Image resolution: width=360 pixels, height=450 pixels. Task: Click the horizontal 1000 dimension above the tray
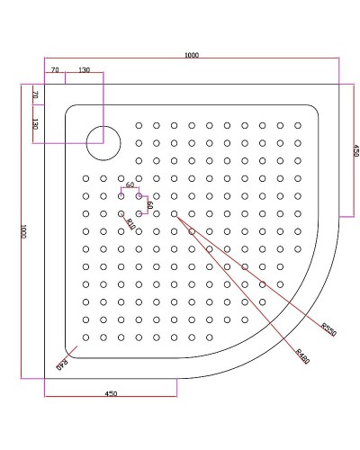191,55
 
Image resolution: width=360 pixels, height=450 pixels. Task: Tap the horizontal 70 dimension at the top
55,70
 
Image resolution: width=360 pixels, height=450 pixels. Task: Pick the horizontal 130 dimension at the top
84,70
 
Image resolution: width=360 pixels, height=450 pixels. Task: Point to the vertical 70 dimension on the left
35,94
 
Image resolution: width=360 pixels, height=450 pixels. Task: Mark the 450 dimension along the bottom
112,393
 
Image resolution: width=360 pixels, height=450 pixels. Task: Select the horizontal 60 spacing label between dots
130,185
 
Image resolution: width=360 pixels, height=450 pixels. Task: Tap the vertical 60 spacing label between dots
149,204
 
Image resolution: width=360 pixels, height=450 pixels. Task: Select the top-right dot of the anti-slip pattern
298,126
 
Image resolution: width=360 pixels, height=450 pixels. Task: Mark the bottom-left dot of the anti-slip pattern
85,337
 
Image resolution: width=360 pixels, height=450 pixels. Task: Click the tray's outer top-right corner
337,85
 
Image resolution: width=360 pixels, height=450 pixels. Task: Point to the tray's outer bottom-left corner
44,378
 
